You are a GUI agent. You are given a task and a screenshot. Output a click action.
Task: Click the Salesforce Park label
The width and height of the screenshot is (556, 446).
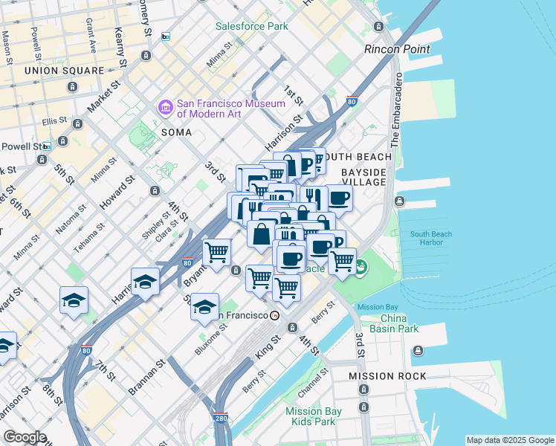click(251, 26)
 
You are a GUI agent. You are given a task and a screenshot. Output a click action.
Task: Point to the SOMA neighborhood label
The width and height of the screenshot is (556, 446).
click(176, 132)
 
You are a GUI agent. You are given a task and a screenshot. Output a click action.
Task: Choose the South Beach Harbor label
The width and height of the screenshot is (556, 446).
click(431, 239)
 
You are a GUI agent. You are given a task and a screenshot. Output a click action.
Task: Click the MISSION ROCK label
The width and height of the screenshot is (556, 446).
click(388, 376)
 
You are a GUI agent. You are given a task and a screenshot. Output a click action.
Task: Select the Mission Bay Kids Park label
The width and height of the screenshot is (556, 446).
click(313, 416)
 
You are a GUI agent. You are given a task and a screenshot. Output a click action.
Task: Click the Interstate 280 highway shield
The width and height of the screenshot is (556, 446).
click(220, 418)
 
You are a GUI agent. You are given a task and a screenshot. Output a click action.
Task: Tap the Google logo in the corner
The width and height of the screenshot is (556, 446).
click(25, 437)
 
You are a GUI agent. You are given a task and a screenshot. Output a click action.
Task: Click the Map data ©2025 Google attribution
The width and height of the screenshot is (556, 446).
click(510, 440)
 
